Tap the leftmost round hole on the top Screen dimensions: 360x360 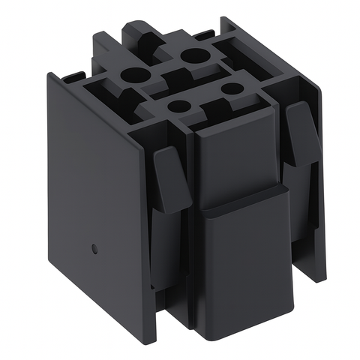point(135,75)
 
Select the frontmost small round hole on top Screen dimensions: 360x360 point(178,106)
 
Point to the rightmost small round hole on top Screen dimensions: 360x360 point(232,88)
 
